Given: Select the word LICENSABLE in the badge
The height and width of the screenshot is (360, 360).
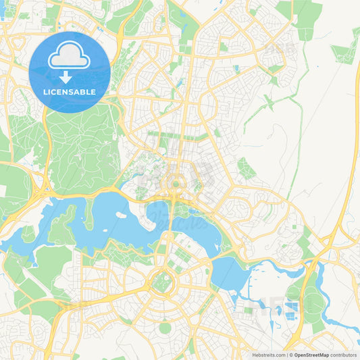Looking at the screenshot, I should (69, 91).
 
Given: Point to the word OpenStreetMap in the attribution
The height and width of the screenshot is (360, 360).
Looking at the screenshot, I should (311, 355).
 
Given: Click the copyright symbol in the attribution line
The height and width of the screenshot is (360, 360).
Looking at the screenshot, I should (291, 355).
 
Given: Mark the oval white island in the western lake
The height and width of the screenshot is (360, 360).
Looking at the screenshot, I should (121, 215).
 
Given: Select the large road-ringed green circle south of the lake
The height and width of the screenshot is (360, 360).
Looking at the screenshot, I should (161, 281).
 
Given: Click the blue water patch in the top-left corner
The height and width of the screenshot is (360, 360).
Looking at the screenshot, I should (2, 9).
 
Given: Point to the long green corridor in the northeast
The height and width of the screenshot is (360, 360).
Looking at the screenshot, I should (270, 108).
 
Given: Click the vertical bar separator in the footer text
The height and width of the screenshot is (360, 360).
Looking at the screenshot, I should (287, 355).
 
